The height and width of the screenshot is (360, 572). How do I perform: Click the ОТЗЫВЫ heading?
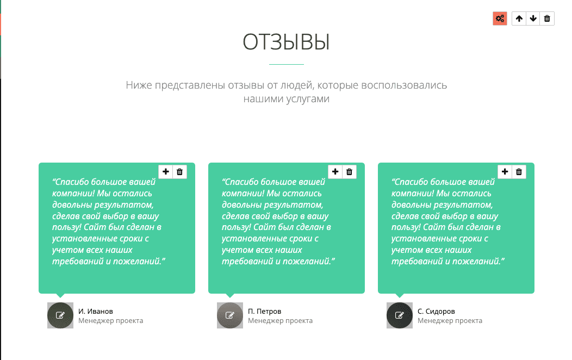(x=287, y=42)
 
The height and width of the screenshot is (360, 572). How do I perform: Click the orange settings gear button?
(x=500, y=18)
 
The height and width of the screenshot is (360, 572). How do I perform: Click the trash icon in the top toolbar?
(x=547, y=18)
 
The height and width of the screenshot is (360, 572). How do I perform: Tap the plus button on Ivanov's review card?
(x=166, y=171)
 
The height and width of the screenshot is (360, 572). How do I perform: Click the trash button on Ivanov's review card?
(x=179, y=171)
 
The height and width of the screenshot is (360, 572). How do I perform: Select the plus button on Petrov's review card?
(x=335, y=171)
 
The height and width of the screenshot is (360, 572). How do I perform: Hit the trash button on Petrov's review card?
(x=349, y=171)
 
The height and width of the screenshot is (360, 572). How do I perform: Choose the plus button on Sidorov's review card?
(x=505, y=171)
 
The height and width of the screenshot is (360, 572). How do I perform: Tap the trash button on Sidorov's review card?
(x=519, y=171)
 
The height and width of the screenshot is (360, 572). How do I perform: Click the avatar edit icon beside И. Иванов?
(x=60, y=315)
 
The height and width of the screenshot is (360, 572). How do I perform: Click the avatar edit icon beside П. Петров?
(x=230, y=315)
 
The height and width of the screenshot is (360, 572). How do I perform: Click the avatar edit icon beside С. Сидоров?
(x=400, y=315)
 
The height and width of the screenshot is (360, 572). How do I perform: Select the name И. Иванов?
(x=96, y=311)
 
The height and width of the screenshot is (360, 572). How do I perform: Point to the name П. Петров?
(x=264, y=311)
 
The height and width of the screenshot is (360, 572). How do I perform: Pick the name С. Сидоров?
(x=436, y=311)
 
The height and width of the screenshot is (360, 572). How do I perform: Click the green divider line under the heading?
(x=287, y=64)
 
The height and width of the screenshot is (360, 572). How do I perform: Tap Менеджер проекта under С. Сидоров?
(x=450, y=321)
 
